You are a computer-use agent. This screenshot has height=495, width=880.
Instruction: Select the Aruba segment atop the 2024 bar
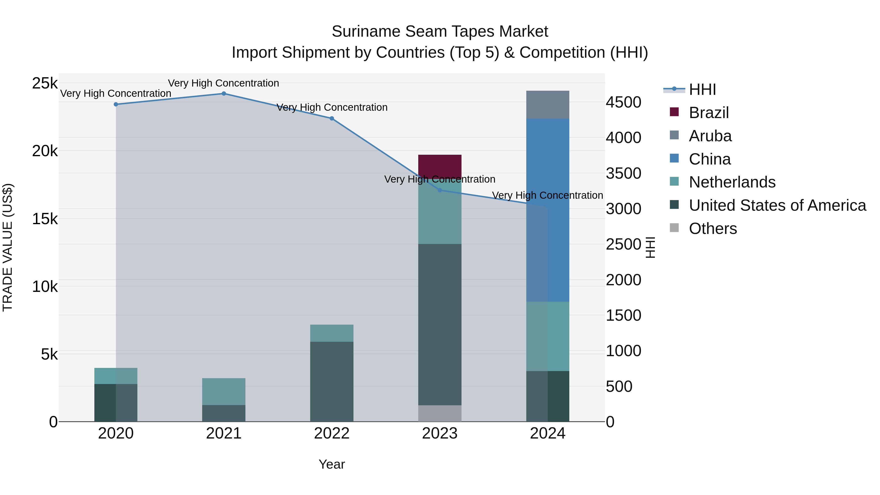pyautogui.click(x=548, y=105)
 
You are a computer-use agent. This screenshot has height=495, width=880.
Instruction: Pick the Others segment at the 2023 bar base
pyautogui.click(x=440, y=413)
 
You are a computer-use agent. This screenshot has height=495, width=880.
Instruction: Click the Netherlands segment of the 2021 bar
pyautogui.click(x=224, y=392)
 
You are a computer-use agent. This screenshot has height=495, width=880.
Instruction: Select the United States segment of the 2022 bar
pyautogui.click(x=332, y=381)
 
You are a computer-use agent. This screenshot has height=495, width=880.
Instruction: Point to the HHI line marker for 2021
pyautogui.click(x=224, y=94)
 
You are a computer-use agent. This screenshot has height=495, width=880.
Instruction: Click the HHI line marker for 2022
pyautogui.click(x=332, y=119)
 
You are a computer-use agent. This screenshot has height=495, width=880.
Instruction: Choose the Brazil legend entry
pyautogui.click(x=709, y=113)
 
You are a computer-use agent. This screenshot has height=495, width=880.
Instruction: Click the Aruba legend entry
pyautogui.click(x=710, y=136)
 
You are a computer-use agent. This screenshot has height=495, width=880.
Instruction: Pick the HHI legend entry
pyautogui.click(x=702, y=89)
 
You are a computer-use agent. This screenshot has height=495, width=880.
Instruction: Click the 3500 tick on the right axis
pyautogui.click(x=623, y=174)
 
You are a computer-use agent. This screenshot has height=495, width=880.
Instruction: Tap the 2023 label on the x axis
pyautogui.click(x=440, y=433)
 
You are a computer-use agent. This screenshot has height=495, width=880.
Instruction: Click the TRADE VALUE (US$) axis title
pyautogui.click(x=8, y=247)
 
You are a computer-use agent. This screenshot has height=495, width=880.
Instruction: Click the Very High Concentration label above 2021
pyautogui.click(x=223, y=83)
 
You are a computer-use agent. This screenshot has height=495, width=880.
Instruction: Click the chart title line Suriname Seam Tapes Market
pyautogui.click(x=440, y=32)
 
